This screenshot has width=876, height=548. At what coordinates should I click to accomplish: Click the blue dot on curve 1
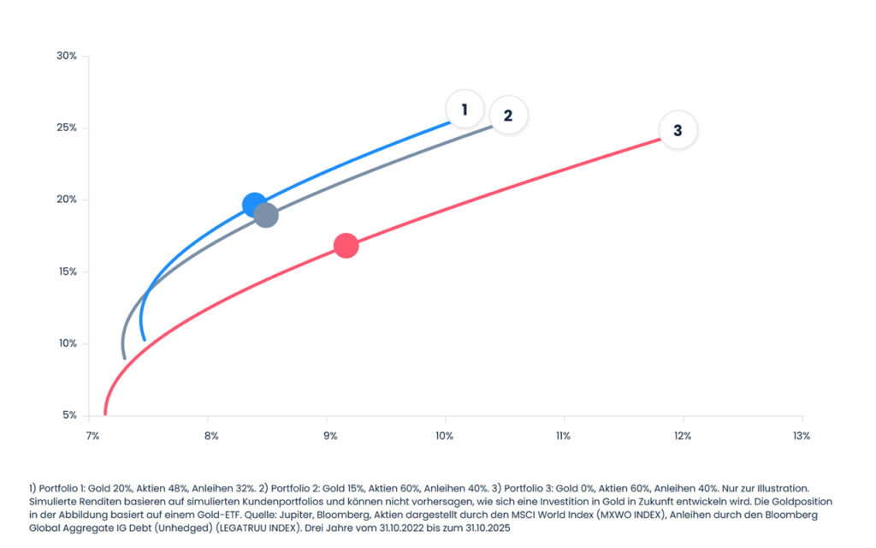coord(254,205)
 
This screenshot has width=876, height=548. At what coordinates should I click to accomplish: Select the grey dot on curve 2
coord(266,215)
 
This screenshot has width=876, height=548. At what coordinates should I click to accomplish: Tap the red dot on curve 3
coord(346,246)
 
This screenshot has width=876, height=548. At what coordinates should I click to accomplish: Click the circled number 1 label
coord(465,110)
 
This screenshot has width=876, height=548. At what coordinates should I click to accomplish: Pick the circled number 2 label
coord(507,115)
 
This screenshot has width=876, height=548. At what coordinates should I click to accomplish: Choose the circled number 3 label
coord(678,130)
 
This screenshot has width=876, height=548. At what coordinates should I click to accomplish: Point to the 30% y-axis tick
coord(67,56)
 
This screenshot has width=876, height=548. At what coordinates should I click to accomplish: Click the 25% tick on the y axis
coord(67,128)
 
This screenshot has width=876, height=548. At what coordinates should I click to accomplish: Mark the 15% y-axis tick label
coord(67,271)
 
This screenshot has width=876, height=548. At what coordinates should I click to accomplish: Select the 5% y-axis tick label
coord(69,415)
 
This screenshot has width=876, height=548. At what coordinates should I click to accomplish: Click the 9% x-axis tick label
coord(328,436)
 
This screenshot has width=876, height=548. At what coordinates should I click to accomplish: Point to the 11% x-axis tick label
coord(564,436)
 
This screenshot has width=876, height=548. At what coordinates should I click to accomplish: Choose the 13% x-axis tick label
coord(801,436)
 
